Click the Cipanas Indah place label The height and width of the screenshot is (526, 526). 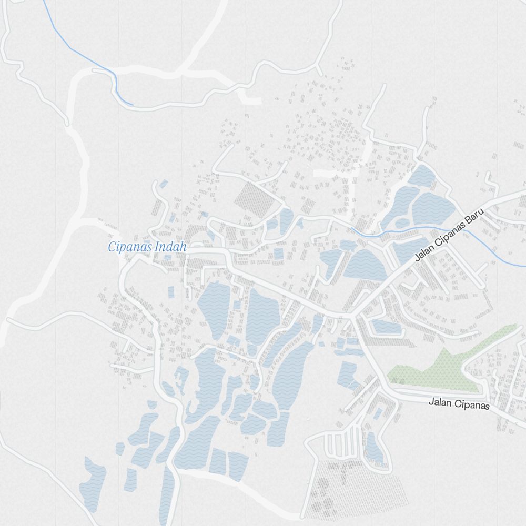(147, 247)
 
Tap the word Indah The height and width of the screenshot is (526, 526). (171, 247)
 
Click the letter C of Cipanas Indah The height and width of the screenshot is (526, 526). (112, 247)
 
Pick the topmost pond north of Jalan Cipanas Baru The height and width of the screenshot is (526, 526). (422, 176)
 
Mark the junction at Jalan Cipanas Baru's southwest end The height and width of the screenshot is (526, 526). (351, 316)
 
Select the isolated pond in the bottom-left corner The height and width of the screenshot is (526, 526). (92, 484)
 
